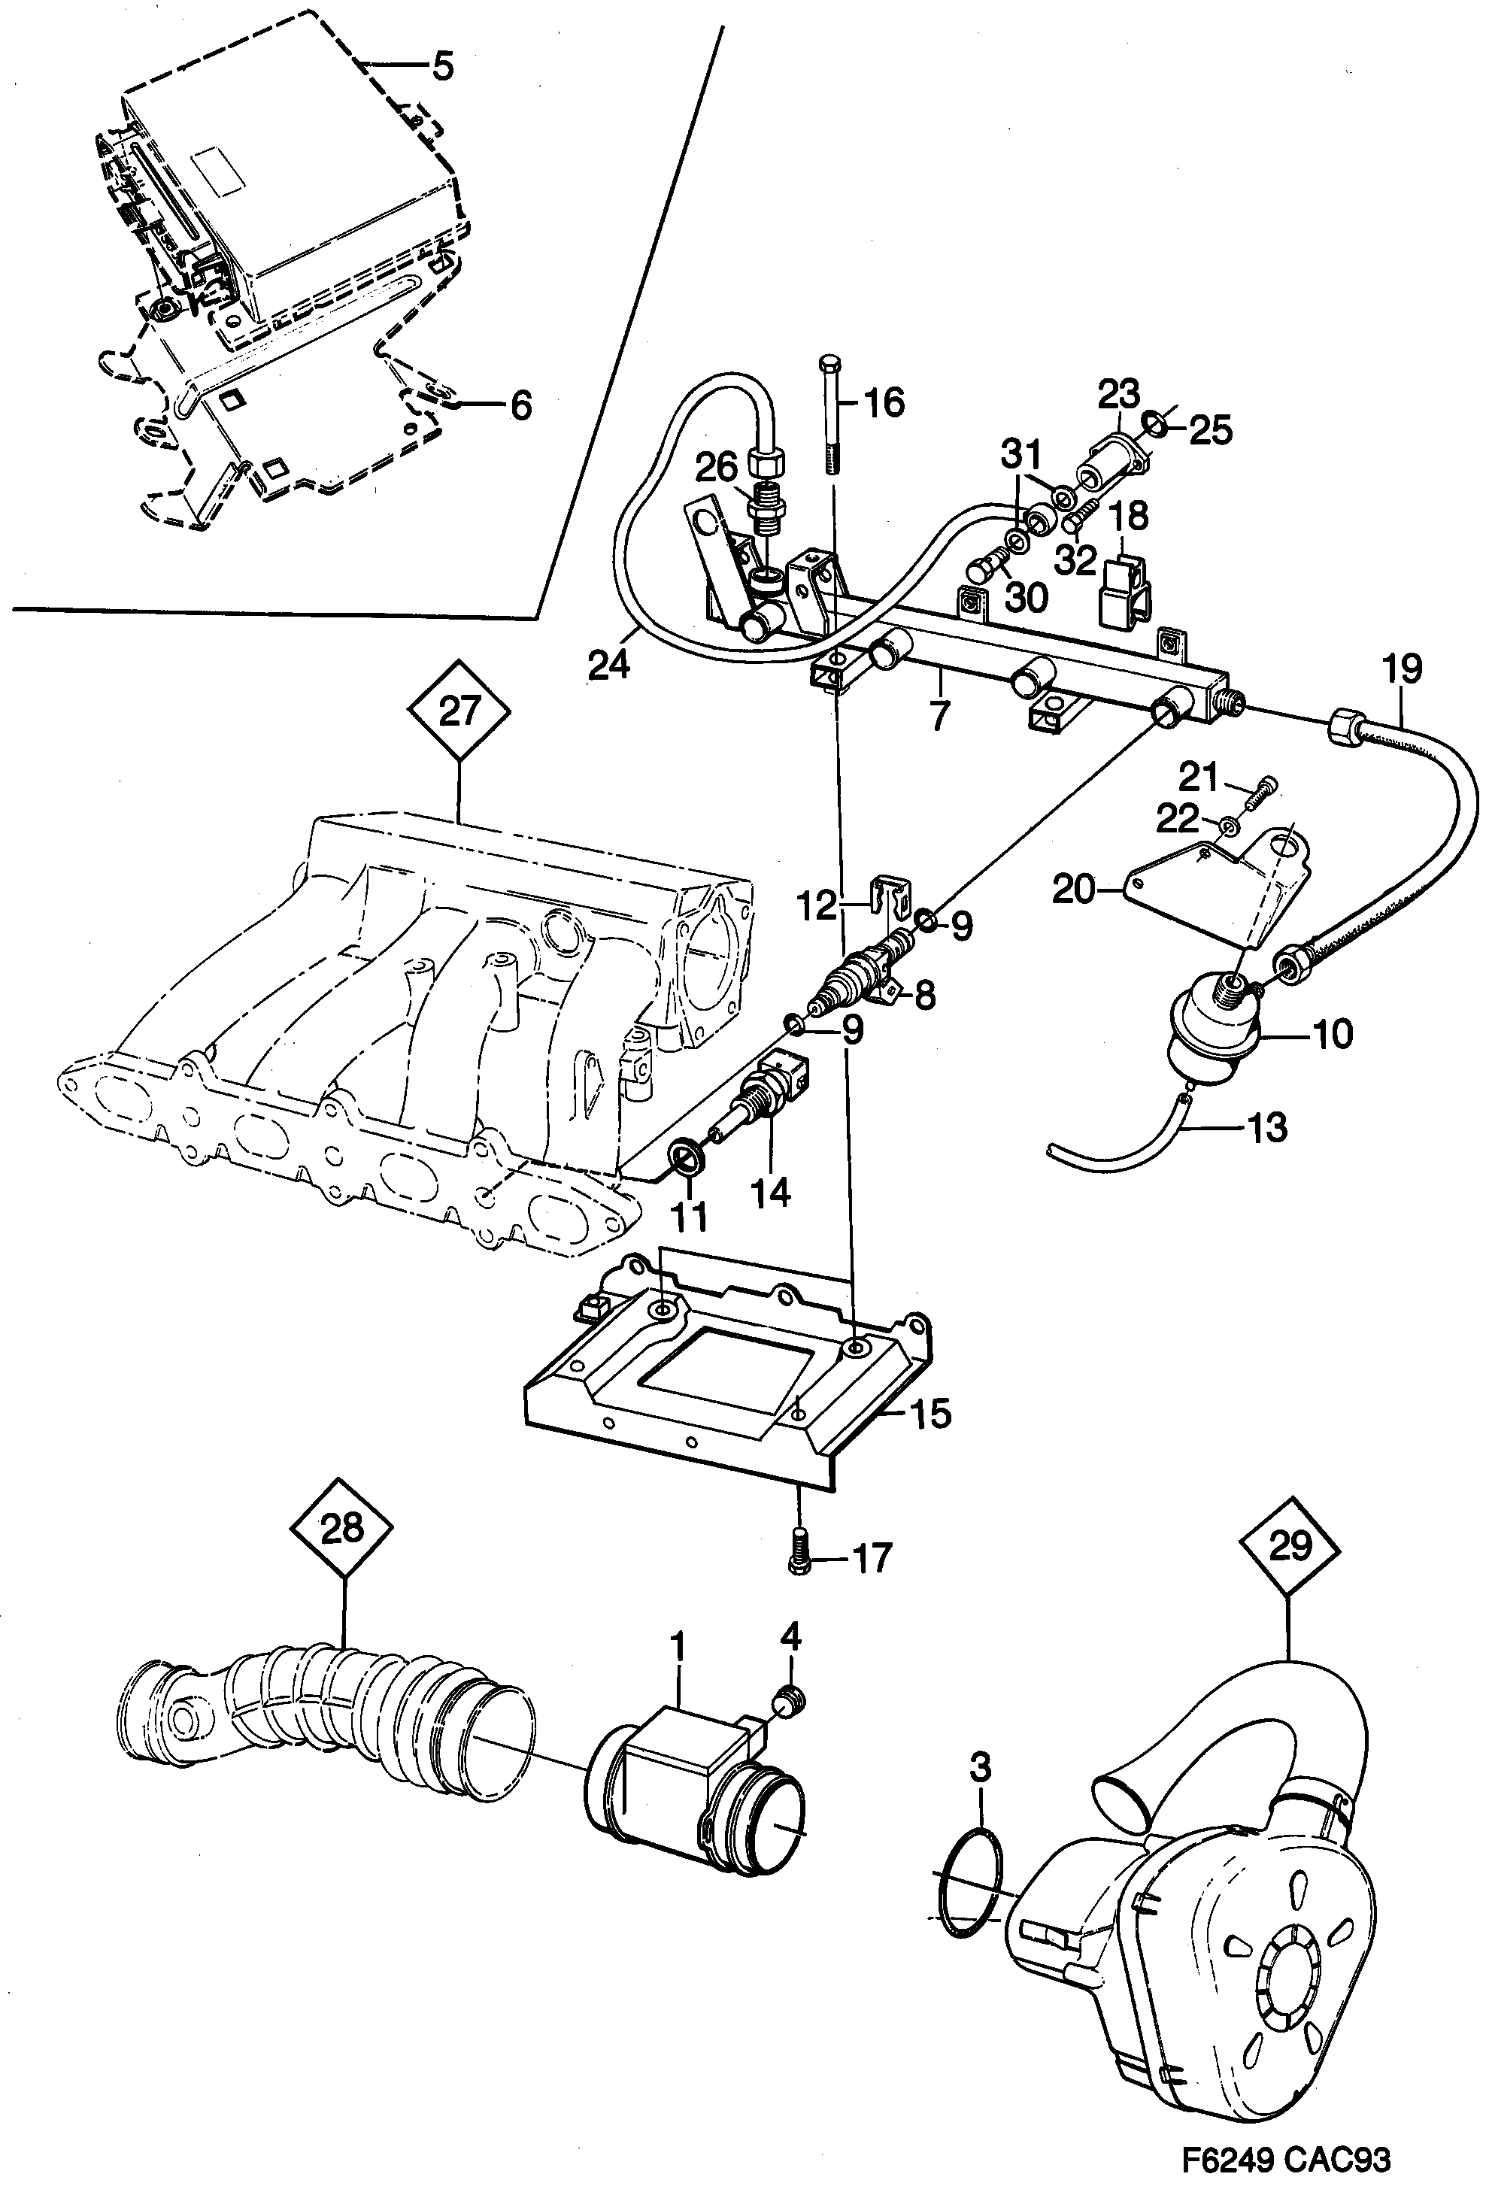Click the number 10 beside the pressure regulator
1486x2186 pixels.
(1331, 1034)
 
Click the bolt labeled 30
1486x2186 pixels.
(984, 568)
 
